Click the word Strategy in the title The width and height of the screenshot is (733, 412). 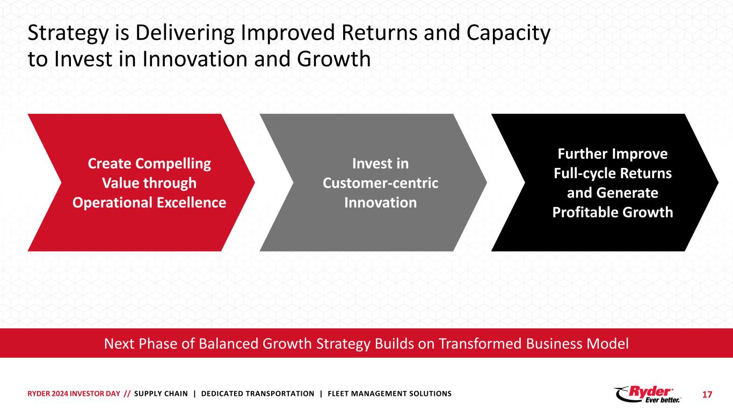[68, 34]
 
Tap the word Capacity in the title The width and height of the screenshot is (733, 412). [508, 34]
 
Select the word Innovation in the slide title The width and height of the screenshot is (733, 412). [194, 59]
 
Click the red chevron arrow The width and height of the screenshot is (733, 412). [141, 182]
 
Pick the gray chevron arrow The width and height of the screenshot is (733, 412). [373, 182]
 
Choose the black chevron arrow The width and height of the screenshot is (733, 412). [605, 182]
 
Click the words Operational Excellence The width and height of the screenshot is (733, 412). [149, 203]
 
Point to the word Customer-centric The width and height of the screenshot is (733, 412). [381, 183]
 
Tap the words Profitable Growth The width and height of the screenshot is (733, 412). [613, 212]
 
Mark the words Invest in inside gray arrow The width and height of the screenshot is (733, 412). [381, 164]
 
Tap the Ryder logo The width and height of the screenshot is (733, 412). [648, 394]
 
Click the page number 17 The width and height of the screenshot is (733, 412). [707, 394]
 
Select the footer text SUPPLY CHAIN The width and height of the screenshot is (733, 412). [161, 394]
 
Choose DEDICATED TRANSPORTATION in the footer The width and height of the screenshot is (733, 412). [258, 394]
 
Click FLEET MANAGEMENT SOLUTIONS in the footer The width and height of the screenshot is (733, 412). [389, 394]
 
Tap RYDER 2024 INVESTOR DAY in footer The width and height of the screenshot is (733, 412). [74, 394]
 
